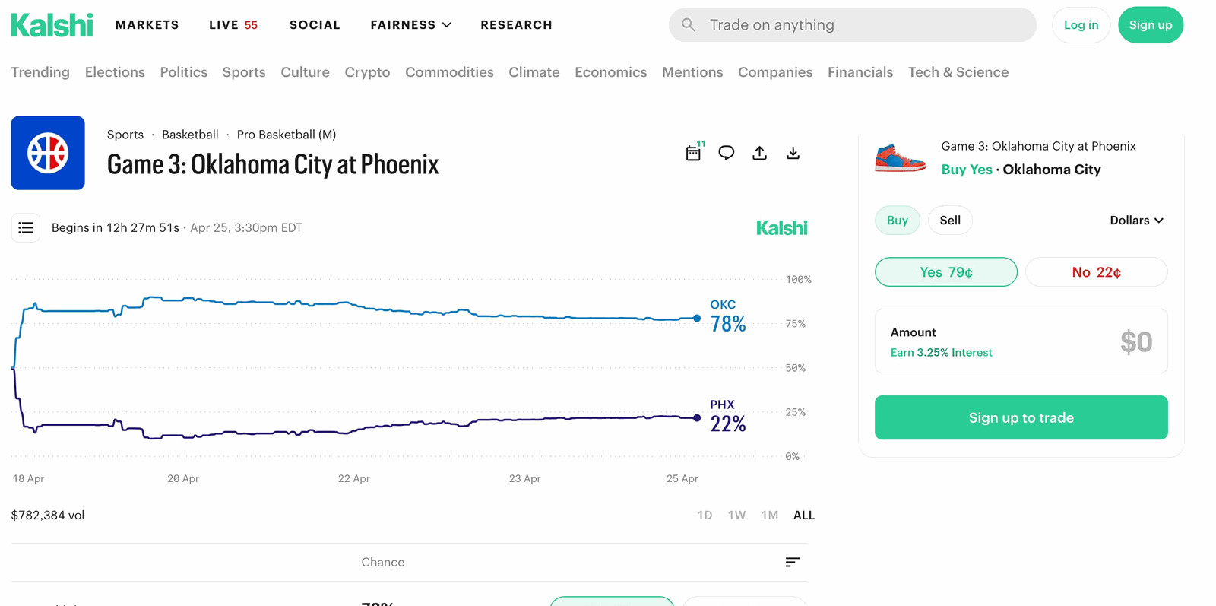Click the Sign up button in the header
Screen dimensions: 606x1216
pos(1150,25)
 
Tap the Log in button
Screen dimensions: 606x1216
pos(1081,25)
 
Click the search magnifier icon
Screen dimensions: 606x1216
pos(689,25)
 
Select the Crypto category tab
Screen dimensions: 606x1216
pos(367,72)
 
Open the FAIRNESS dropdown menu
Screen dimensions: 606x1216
pos(410,25)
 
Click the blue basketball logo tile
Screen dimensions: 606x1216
pos(48,153)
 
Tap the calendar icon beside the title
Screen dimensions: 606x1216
pos(693,153)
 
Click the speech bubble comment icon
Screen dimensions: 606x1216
pos(727,153)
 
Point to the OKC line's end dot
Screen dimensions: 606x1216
pos(697,319)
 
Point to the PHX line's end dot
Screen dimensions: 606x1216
pos(697,418)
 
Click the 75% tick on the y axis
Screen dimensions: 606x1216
pos(796,324)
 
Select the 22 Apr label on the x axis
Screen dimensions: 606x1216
pos(353,478)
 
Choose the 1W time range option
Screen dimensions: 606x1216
pos(736,516)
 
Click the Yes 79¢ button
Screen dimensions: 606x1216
pos(945,272)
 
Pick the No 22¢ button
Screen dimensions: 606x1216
pos(1096,272)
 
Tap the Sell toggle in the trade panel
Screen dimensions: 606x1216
pos(950,221)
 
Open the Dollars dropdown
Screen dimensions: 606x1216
pos(1136,221)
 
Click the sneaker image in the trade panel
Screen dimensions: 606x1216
pos(900,157)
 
